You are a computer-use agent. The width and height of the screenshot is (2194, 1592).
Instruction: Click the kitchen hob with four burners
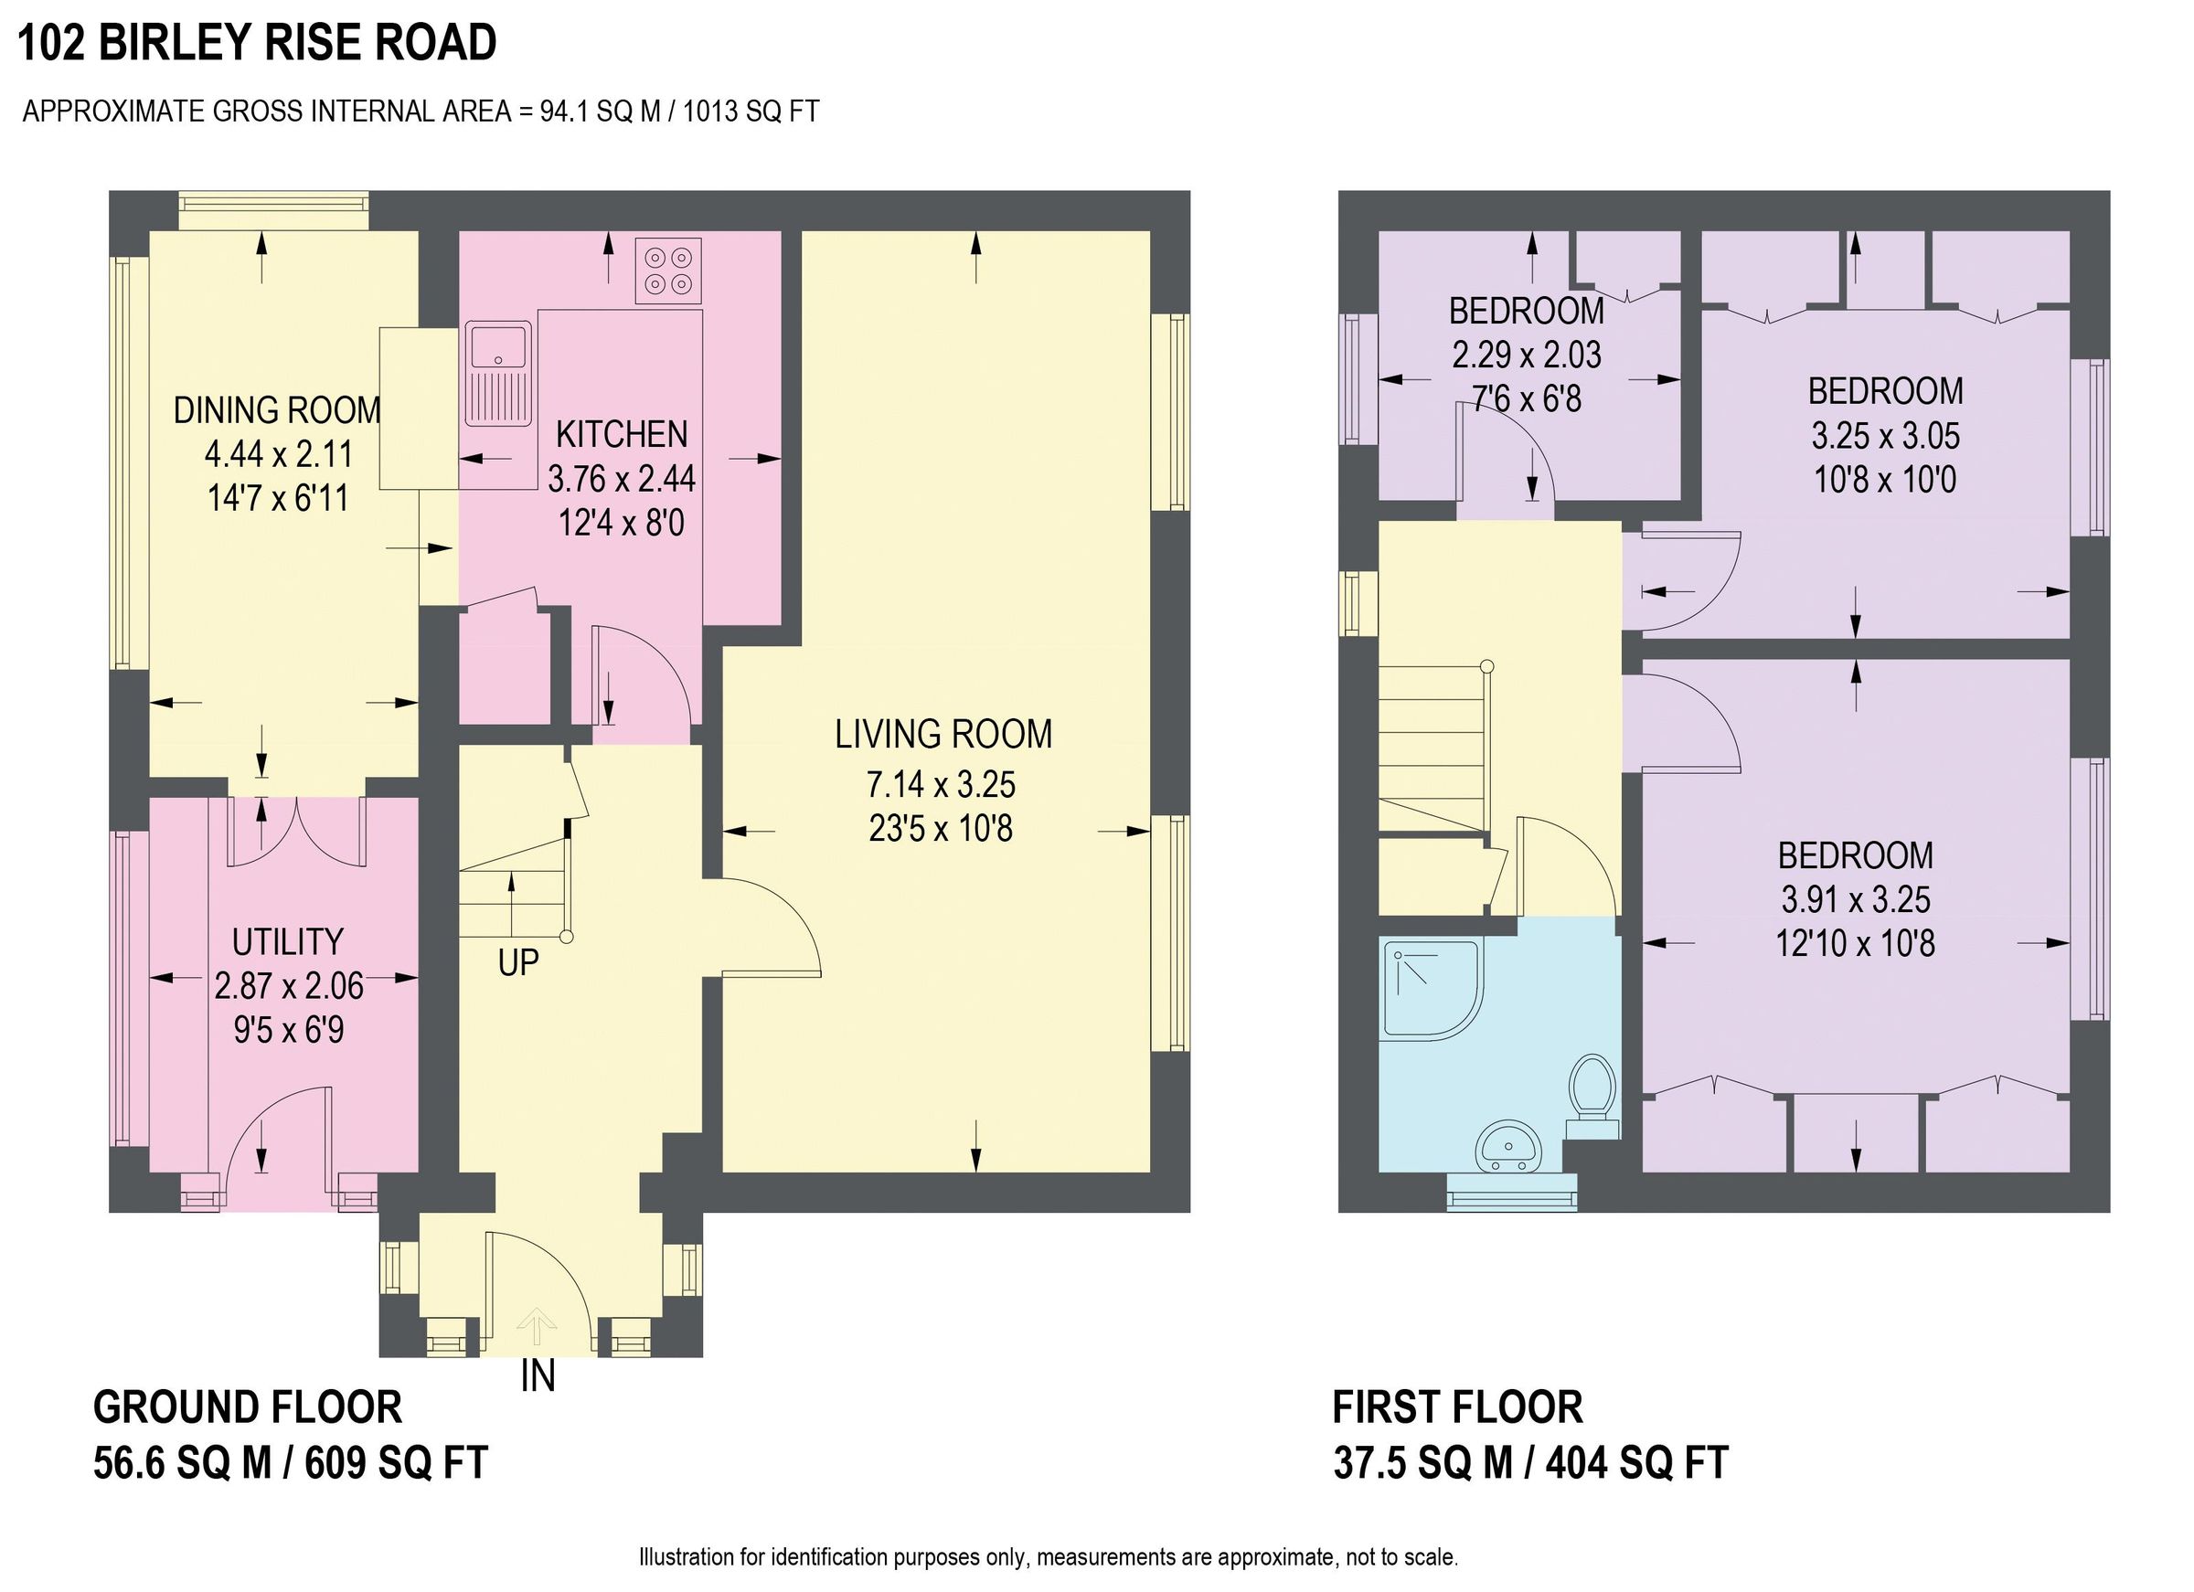pos(668,271)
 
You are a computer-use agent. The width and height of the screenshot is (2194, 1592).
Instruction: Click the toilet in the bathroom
pos(1592,1097)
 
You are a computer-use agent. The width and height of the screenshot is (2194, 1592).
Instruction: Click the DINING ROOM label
pos(277,410)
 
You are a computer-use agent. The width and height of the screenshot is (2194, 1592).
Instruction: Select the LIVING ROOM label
pos(943,735)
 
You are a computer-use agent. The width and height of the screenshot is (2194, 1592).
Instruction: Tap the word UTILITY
pos(288,942)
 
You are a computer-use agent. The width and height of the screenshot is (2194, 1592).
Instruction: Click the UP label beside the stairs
pos(517,963)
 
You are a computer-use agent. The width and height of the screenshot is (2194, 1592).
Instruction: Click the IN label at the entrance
pos(538,1376)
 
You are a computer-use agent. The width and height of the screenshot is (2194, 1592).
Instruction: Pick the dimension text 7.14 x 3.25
pos(942,784)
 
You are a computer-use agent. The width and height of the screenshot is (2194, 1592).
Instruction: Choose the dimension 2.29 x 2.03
pos(1527,355)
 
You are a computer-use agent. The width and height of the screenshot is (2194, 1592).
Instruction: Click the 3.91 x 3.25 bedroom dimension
pos(1856,899)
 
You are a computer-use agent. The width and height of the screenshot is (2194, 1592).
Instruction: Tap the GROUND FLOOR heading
pos(248,1408)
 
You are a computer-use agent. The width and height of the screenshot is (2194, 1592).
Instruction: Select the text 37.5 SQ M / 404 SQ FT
pos(1530,1463)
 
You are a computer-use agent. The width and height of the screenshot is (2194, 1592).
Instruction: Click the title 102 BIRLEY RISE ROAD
pos(257,44)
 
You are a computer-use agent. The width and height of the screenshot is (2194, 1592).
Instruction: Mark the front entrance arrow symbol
pos(536,1325)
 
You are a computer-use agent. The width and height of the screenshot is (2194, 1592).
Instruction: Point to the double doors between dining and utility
pos(298,832)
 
